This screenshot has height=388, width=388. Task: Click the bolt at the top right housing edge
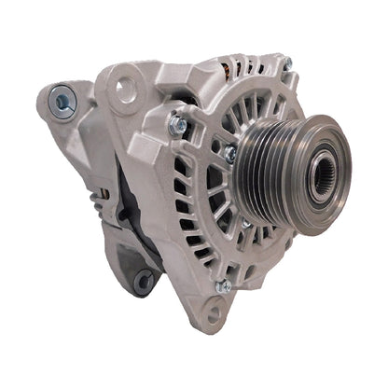point(287,63)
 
